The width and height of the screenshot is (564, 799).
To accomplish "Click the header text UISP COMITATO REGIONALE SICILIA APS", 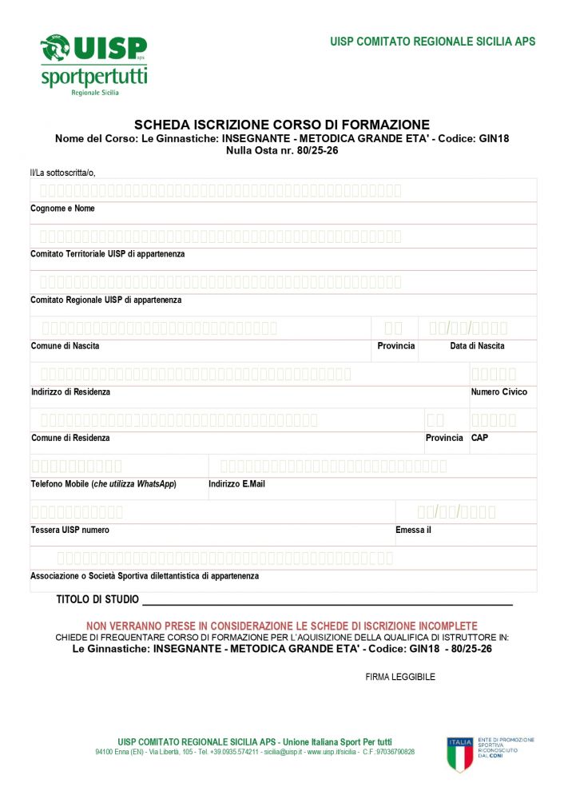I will [432, 42].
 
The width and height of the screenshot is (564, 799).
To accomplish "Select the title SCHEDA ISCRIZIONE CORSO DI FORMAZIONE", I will [282, 125].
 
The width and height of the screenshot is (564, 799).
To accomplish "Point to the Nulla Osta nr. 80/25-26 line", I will [282, 149].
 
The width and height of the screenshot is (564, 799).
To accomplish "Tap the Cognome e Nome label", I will [62, 209].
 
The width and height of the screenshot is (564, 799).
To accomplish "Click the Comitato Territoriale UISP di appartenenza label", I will [107, 254].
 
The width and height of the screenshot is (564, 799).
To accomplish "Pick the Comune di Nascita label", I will [66, 346].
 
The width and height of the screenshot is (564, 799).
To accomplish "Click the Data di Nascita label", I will [477, 346].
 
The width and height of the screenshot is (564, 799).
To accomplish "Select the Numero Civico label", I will [498, 392].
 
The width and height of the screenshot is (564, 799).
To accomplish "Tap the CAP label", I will [479, 438].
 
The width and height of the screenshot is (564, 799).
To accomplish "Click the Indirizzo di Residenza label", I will [70, 392].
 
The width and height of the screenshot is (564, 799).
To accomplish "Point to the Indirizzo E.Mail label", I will [236, 484].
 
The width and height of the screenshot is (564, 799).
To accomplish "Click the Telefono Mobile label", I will [103, 484].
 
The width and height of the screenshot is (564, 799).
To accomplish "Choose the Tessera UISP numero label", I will [70, 530].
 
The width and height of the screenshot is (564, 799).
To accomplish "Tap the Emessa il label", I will [413, 530].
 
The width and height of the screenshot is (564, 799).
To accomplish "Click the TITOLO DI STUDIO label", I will [97, 599].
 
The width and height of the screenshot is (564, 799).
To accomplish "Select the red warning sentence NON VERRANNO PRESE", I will [281, 626].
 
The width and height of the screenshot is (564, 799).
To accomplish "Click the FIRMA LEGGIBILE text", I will [400, 677].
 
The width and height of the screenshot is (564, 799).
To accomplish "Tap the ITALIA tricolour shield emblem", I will [460, 754].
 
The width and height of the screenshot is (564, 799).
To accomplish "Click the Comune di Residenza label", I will [70, 438].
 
